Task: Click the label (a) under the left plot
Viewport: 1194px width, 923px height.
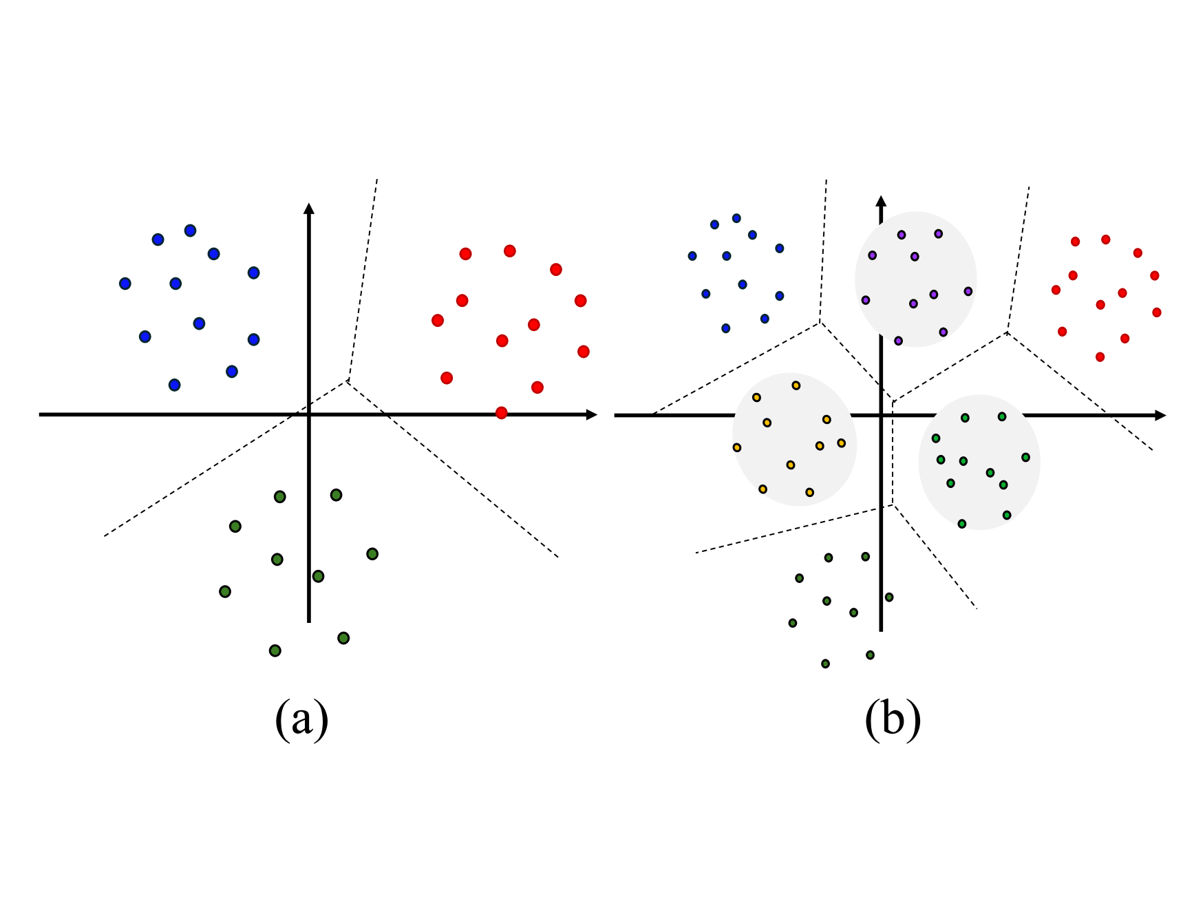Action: [301, 719]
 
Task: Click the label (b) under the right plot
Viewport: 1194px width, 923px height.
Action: [893, 719]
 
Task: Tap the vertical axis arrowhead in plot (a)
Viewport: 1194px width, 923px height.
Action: [309, 209]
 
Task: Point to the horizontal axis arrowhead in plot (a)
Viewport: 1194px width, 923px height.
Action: [591, 414]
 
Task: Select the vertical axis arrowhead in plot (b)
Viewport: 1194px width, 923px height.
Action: [881, 201]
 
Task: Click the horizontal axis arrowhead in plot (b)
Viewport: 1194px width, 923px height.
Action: [1160, 415]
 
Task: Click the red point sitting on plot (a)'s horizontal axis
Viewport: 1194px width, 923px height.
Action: [501, 413]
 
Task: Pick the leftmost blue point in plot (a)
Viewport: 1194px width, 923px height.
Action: [125, 284]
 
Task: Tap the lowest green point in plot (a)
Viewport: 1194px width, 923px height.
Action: [275, 650]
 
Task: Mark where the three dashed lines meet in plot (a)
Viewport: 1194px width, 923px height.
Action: [348, 381]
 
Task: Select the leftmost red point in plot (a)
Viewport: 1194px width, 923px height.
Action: [438, 320]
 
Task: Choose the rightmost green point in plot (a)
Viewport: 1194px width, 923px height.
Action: [372, 554]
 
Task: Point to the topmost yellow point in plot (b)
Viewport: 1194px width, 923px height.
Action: [796, 385]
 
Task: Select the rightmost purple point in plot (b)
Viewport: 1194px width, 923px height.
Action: [968, 291]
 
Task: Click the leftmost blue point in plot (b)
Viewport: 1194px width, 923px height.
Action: [692, 256]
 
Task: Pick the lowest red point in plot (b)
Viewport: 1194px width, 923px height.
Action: [1100, 357]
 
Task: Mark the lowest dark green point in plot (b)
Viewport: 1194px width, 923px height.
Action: [825, 664]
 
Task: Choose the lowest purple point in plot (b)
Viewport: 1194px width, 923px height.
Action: [898, 341]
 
